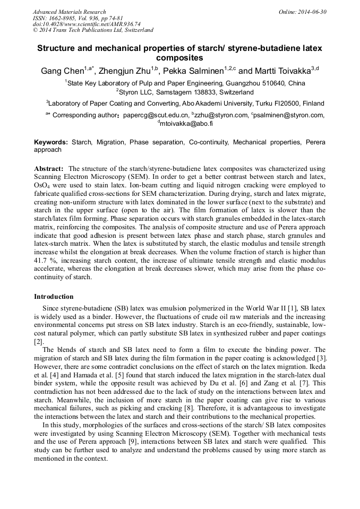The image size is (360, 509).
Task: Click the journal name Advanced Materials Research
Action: [x=70, y=12]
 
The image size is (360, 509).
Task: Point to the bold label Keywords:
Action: [x=51, y=142]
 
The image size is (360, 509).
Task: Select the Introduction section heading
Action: [x=54, y=297]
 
